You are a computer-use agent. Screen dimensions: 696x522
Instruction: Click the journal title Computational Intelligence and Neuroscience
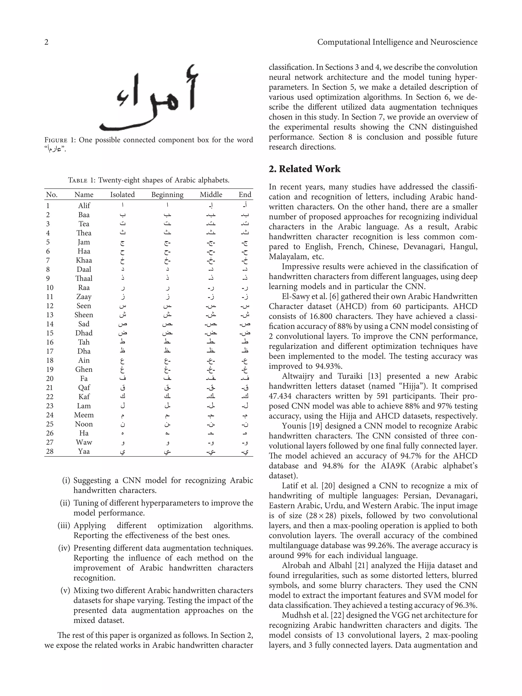coord(397,42)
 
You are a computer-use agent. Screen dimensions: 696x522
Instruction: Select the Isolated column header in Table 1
coord(122,195)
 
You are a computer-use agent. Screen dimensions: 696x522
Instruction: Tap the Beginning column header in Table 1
coord(167,195)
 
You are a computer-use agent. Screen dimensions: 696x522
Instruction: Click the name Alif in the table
coord(84,205)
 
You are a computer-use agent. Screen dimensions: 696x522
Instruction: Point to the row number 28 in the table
coord(50,452)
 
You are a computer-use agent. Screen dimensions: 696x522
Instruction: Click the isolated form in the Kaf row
coord(123,397)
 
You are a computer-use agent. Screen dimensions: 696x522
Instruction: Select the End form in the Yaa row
coord(245,452)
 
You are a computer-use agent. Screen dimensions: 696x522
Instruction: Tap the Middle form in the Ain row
coord(211,361)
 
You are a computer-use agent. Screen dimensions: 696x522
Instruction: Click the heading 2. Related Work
coord(304,169)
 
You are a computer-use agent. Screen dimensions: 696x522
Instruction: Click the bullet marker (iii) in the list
coord(64,526)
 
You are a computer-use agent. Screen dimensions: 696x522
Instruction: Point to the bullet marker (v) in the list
coord(65,590)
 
